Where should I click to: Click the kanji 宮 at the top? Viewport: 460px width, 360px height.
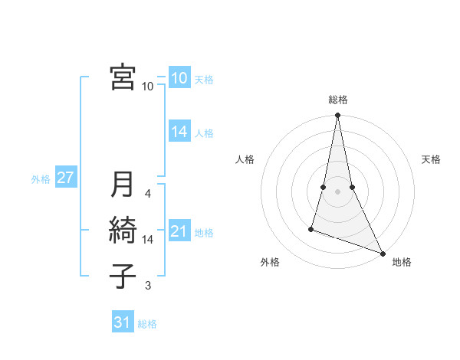click(123, 77)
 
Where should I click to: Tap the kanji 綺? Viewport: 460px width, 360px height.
click(123, 231)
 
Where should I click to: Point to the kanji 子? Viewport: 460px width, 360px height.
click(123, 276)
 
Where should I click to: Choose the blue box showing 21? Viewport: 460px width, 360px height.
click(179, 231)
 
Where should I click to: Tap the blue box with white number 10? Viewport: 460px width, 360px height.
click(179, 78)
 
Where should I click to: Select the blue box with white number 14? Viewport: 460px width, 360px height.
click(179, 132)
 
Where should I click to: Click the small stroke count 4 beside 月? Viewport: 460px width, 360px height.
click(148, 195)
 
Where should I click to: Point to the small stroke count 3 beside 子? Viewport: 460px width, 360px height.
click(148, 286)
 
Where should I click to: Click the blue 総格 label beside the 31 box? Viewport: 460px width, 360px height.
click(147, 324)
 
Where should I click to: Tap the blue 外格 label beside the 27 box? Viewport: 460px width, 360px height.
click(41, 179)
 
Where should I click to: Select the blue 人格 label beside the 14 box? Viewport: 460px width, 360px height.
click(204, 133)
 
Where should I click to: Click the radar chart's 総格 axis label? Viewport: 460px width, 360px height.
click(337, 100)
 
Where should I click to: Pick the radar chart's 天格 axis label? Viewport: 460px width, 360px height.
click(431, 159)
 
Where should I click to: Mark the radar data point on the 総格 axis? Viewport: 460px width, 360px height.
click(337, 116)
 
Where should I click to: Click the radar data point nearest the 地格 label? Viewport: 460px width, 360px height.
click(382, 254)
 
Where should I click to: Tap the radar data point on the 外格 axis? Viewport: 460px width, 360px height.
click(311, 228)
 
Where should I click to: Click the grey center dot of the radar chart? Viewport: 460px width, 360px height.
click(337, 191)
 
